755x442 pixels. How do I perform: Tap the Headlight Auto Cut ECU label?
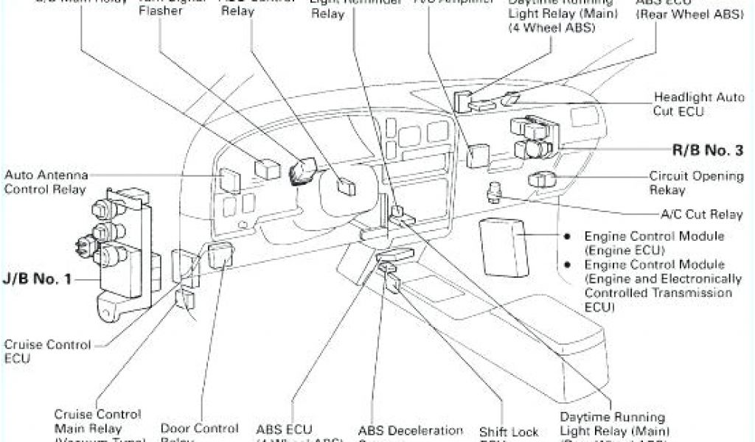pos(689,104)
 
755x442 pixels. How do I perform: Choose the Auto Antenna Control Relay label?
pos(46,181)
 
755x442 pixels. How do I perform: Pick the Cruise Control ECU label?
pos(47,351)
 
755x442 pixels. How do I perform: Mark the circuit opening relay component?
pos(539,178)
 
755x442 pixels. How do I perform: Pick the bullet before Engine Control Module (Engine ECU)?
pos(568,236)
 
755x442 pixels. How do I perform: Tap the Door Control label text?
pos(199,428)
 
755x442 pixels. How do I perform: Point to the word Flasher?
pos(161,11)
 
